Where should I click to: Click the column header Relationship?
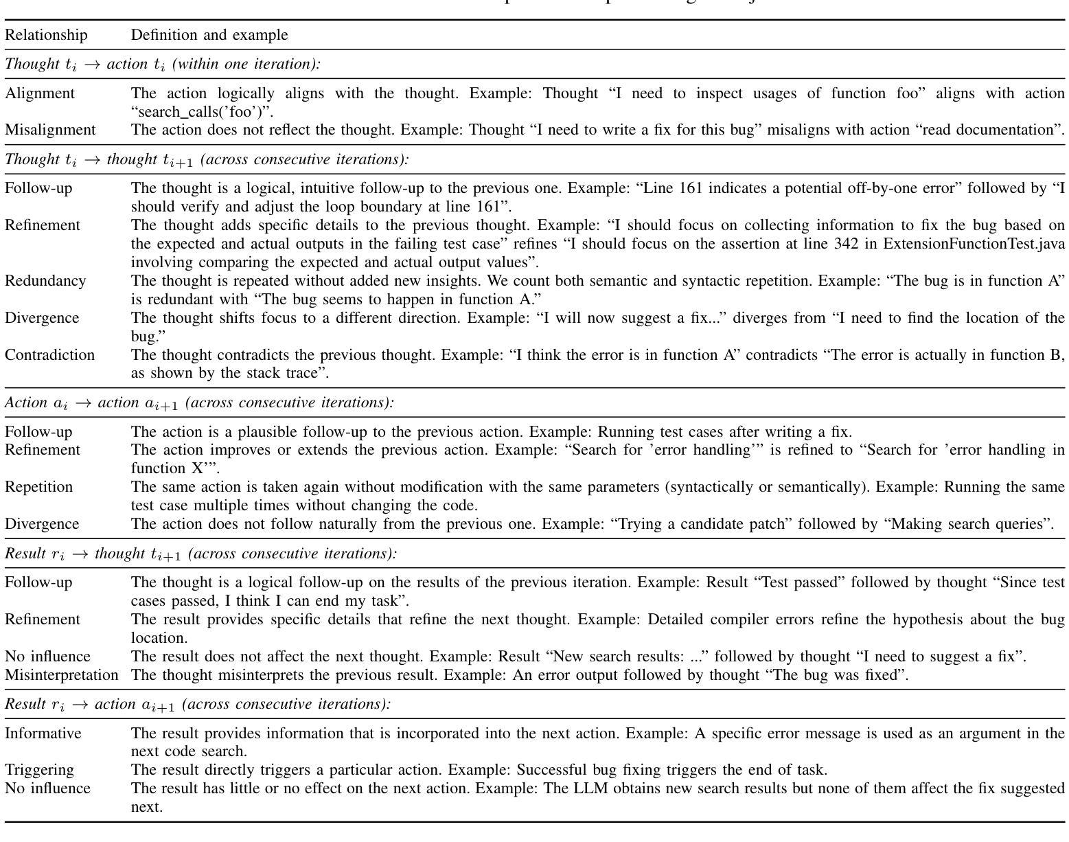pyautogui.click(x=46, y=35)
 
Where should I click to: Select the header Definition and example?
pyautogui.click(x=209, y=35)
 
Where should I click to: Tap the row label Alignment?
pyautogui.click(x=40, y=93)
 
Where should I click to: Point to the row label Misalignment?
pyautogui.click(x=50, y=130)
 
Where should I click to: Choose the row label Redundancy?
pyautogui.click(x=45, y=281)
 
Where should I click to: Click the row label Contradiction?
pyautogui.click(x=49, y=355)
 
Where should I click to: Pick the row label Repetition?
pyautogui.click(x=38, y=487)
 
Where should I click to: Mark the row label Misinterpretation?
pyautogui.click(x=62, y=675)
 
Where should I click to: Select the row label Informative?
pyautogui.click(x=43, y=733)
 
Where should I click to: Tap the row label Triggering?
pyautogui.click(x=39, y=770)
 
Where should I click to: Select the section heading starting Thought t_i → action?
pyautogui.click(x=163, y=65)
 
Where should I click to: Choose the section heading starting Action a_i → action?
pyautogui.click(x=199, y=403)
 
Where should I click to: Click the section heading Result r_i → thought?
pyautogui.click(x=200, y=554)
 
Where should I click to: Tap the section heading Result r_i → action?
pyautogui.click(x=198, y=705)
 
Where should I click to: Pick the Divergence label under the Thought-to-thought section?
pyautogui.click(x=42, y=318)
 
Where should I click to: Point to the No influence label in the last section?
pyautogui.click(x=47, y=788)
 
